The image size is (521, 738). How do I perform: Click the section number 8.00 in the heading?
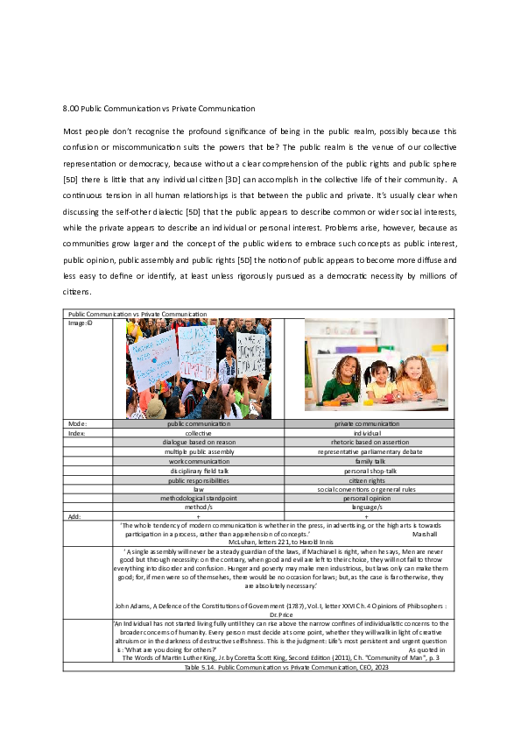(x=71, y=109)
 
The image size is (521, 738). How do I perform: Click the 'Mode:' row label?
(x=77, y=424)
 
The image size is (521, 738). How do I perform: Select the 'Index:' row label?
(x=77, y=433)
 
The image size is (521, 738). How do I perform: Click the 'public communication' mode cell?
(x=199, y=424)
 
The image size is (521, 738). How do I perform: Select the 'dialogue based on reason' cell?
(x=199, y=442)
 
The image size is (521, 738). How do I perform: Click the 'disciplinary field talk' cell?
(x=199, y=470)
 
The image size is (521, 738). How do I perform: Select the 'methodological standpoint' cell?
(x=199, y=498)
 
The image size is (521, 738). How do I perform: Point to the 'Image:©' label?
(x=80, y=323)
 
